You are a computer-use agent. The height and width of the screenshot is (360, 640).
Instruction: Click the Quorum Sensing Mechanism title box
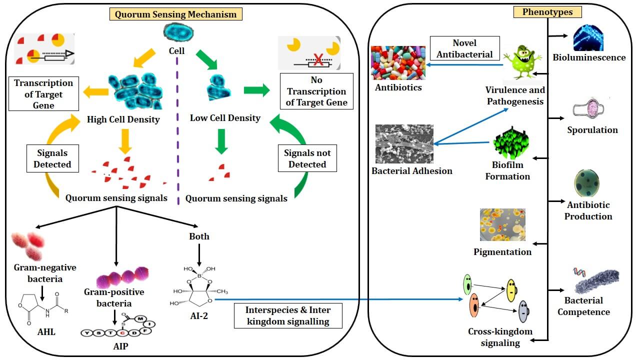(x=175, y=14)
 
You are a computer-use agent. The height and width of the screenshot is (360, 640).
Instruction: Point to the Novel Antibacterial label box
(x=464, y=48)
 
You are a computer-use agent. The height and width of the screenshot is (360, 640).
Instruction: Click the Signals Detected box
(x=52, y=158)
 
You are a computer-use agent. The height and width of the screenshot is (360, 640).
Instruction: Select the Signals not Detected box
(x=307, y=158)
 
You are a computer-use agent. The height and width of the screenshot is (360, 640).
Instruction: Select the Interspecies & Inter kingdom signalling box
(x=288, y=315)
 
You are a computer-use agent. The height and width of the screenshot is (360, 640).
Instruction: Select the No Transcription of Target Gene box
(x=316, y=91)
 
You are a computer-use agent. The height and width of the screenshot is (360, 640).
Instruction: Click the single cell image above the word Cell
(x=178, y=33)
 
